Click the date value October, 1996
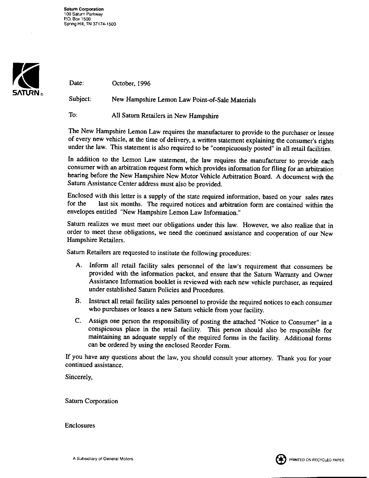point(131,84)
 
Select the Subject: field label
point(80,99)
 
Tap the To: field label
point(73,115)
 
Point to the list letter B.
point(78,301)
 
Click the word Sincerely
point(79,377)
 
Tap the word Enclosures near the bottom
point(80,426)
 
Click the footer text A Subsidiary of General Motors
point(103,459)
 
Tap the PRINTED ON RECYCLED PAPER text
point(317,460)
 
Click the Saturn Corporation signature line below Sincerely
point(91,401)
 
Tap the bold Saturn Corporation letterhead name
point(84,9)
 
